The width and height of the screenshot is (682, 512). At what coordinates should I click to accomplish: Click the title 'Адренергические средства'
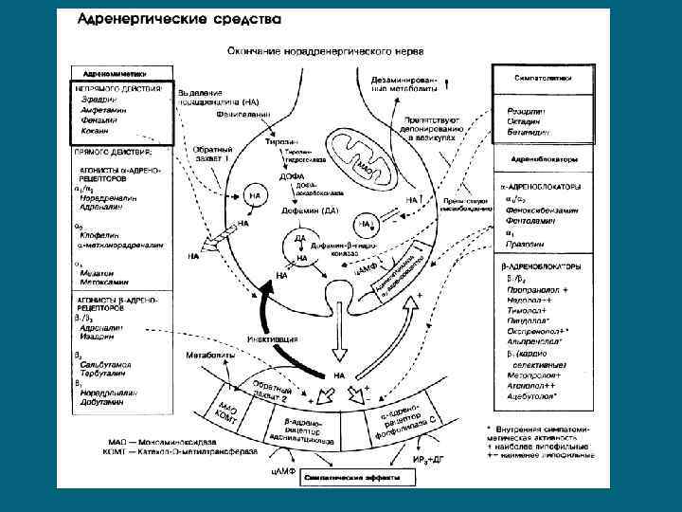(x=177, y=18)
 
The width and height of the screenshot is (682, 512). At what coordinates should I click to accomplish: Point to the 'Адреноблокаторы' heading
(x=544, y=159)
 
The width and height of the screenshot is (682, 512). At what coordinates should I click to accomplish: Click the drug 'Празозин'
(x=524, y=244)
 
